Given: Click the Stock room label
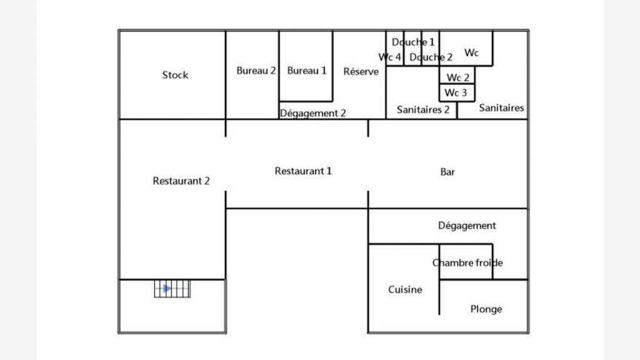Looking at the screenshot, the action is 175,75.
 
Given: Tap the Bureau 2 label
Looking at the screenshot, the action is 256,71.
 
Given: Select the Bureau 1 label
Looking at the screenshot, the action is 306,71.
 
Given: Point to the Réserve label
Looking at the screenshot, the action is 361,71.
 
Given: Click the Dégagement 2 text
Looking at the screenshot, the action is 312,113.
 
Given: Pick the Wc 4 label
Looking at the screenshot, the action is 390,57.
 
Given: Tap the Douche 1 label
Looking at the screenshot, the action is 413,42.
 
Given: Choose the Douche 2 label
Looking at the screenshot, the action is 431,57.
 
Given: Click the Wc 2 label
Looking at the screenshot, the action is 458,77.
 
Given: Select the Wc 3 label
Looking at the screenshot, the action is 456,92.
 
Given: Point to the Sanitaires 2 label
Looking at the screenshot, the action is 423,109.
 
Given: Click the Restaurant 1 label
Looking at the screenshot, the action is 303,171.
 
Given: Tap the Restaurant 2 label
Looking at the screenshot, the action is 181,181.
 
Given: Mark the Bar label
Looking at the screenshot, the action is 447,172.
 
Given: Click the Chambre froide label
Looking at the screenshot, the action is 467,262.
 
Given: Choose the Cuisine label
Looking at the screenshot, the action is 405,289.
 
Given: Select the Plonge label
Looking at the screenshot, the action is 486,309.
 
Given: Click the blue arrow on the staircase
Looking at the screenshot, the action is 166,289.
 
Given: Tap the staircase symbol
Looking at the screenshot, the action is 172,289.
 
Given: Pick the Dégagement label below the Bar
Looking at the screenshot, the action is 467,226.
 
